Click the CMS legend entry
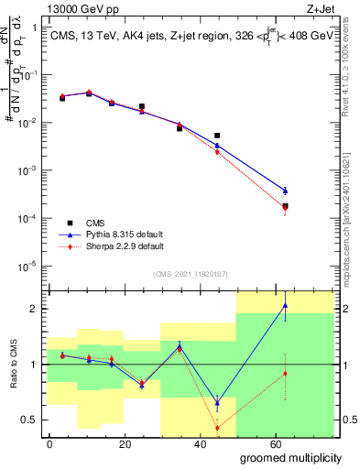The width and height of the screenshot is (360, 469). [x=95, y=223]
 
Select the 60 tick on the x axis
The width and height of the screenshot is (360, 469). [x=275, y=443]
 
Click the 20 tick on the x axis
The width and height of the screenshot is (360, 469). [x=125, y=443]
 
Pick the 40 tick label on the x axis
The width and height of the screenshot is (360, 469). [x=200, y=443]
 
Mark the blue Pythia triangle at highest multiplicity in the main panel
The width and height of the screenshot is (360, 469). [x=285, y=191]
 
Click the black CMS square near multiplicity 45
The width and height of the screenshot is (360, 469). [x=217, y=136]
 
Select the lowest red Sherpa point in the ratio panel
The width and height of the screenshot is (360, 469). [x=217, y=428]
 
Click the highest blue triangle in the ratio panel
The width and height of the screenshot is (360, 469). [x=285, y=306]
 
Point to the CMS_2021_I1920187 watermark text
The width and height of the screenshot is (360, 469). [x=190, y=274]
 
